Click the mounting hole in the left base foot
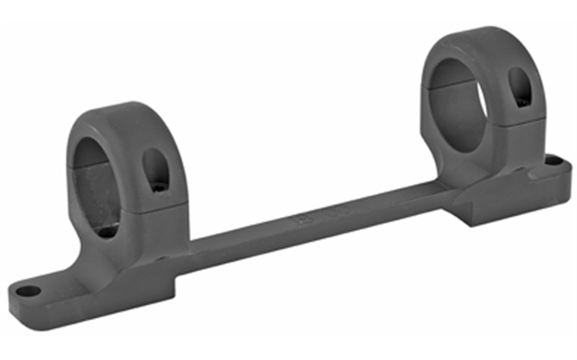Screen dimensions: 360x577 tap(29, 292)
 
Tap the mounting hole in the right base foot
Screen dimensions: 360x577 tap(552, 161)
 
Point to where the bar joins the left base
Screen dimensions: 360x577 tap(194, 254)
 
